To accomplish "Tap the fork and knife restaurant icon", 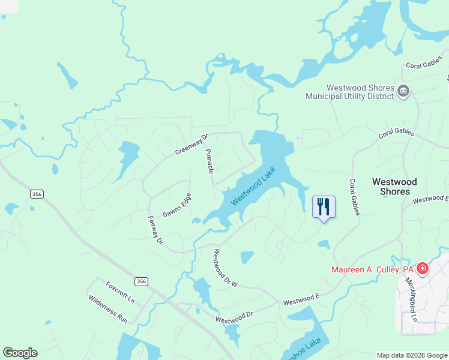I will (x=324, y=207).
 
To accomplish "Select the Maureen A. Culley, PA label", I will (x=373, y=269).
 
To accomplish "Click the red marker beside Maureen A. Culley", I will (x=423, y=268).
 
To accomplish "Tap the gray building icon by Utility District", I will (x=403, y=91).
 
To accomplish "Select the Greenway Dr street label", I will (x=191, y=144).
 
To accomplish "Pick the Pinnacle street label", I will (x=210, y=161).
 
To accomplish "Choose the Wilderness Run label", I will (x=108, y=309).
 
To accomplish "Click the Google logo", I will (x=20, y=353).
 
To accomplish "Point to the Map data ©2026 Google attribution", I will (x=412, y=355).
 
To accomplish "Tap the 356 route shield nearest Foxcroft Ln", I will (x=141, y=281).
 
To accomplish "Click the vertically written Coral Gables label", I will (x=354, y=197).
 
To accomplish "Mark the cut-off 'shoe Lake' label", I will (x=305, y=347).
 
